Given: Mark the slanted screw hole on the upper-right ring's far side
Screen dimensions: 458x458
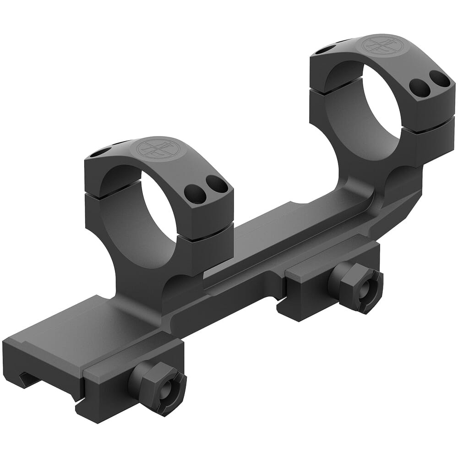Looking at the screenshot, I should (327, 48).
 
